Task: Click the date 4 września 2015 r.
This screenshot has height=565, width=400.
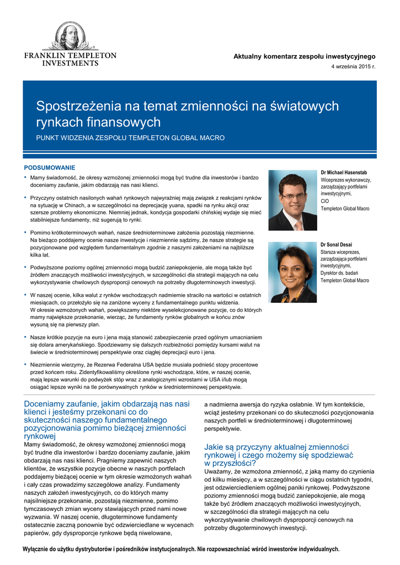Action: click(353, 67)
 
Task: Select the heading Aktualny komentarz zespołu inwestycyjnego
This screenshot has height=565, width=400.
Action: click(305, 56)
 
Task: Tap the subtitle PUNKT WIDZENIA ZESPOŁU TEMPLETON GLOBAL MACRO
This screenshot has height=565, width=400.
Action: click(130, 138)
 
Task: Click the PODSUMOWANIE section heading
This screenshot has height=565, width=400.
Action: click(49, 167)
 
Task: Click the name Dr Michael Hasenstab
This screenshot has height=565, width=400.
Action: click(344, 173)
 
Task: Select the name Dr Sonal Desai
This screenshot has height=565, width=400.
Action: click(336, 244)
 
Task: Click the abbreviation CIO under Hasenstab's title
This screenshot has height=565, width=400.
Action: click(326, 201)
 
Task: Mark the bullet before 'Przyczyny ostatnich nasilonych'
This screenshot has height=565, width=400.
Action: click(25, 197)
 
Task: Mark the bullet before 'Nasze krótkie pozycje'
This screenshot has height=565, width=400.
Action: click(25, 336)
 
